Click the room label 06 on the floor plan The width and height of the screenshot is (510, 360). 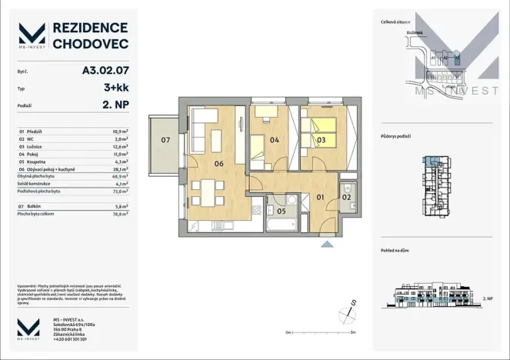click(219, 163)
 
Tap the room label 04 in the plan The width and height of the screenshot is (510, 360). click(274, 139)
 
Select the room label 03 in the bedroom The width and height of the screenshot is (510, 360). click(322, 139)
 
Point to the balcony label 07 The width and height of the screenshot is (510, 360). click(165, 140)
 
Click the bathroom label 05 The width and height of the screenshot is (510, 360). click(282, 210)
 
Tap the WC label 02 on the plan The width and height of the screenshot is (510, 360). click(347, 198)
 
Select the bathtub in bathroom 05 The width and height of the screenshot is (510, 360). click(280, 224)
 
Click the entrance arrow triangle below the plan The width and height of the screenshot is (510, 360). click(328, 245)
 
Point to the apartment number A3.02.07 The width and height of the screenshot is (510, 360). click(105, 69)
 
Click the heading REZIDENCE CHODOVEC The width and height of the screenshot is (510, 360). click(89, 36)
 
